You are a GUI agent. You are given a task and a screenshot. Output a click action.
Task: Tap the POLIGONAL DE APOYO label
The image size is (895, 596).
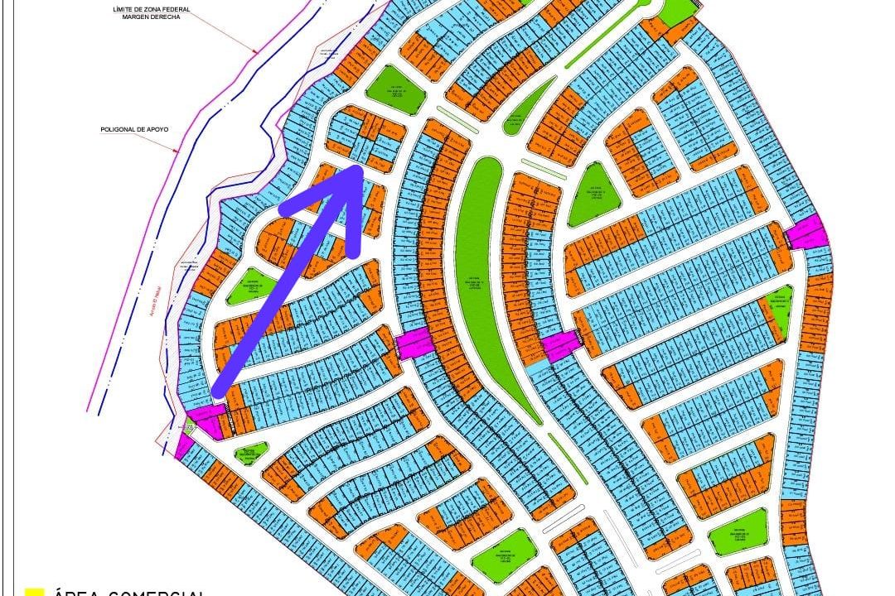click(134, 130)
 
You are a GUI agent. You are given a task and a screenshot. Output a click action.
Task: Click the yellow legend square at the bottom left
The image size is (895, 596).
click(34, 591)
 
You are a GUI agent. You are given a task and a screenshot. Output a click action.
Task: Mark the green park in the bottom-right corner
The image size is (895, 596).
click(738, 531)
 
